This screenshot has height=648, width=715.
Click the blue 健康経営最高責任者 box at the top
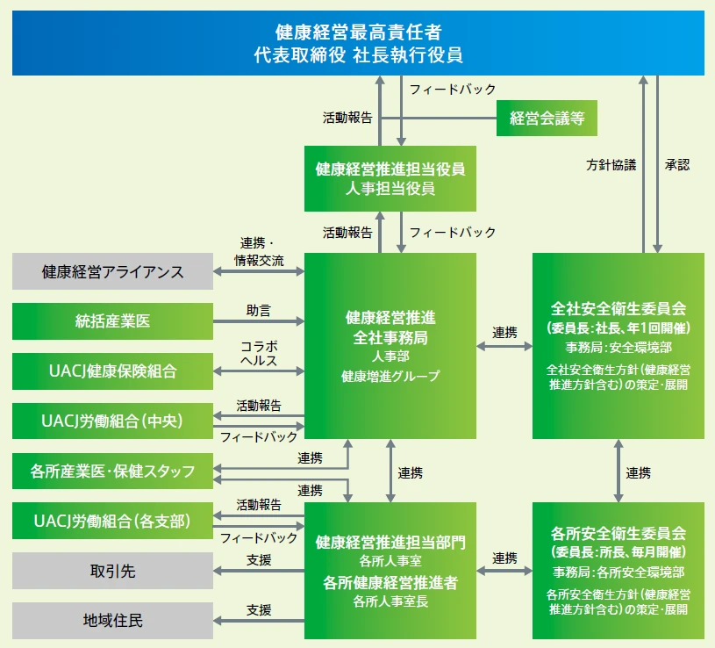click(x=357, y=43)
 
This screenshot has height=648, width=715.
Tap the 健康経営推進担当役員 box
click(x=390, y=178)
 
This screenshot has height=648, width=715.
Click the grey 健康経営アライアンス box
click(x=112, y=271)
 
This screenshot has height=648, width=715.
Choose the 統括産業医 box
click(x=112, y=321)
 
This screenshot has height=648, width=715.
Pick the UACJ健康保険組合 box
click(x=112, y=371)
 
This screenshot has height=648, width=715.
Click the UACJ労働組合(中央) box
click(x=112, y=421)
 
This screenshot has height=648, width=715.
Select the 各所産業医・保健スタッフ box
click(x=112, y=472)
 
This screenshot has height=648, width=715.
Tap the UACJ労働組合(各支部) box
click(x=112, y=522)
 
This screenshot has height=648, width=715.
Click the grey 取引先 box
click(x=112, y=572)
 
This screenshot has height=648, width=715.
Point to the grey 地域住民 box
click(x=112, y=621)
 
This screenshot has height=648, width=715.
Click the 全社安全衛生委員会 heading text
click(x=618, y=310)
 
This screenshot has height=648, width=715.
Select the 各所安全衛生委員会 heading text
click(x=618, y=533)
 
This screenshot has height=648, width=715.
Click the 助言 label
click(x=259, y=310)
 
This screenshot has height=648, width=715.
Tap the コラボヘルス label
click(x=259, y=354)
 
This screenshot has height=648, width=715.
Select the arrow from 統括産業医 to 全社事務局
click(x=259, y=322)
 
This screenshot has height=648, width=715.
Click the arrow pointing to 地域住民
click(x=259, y=622)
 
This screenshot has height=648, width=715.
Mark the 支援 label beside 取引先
click(x=259, y=560)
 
